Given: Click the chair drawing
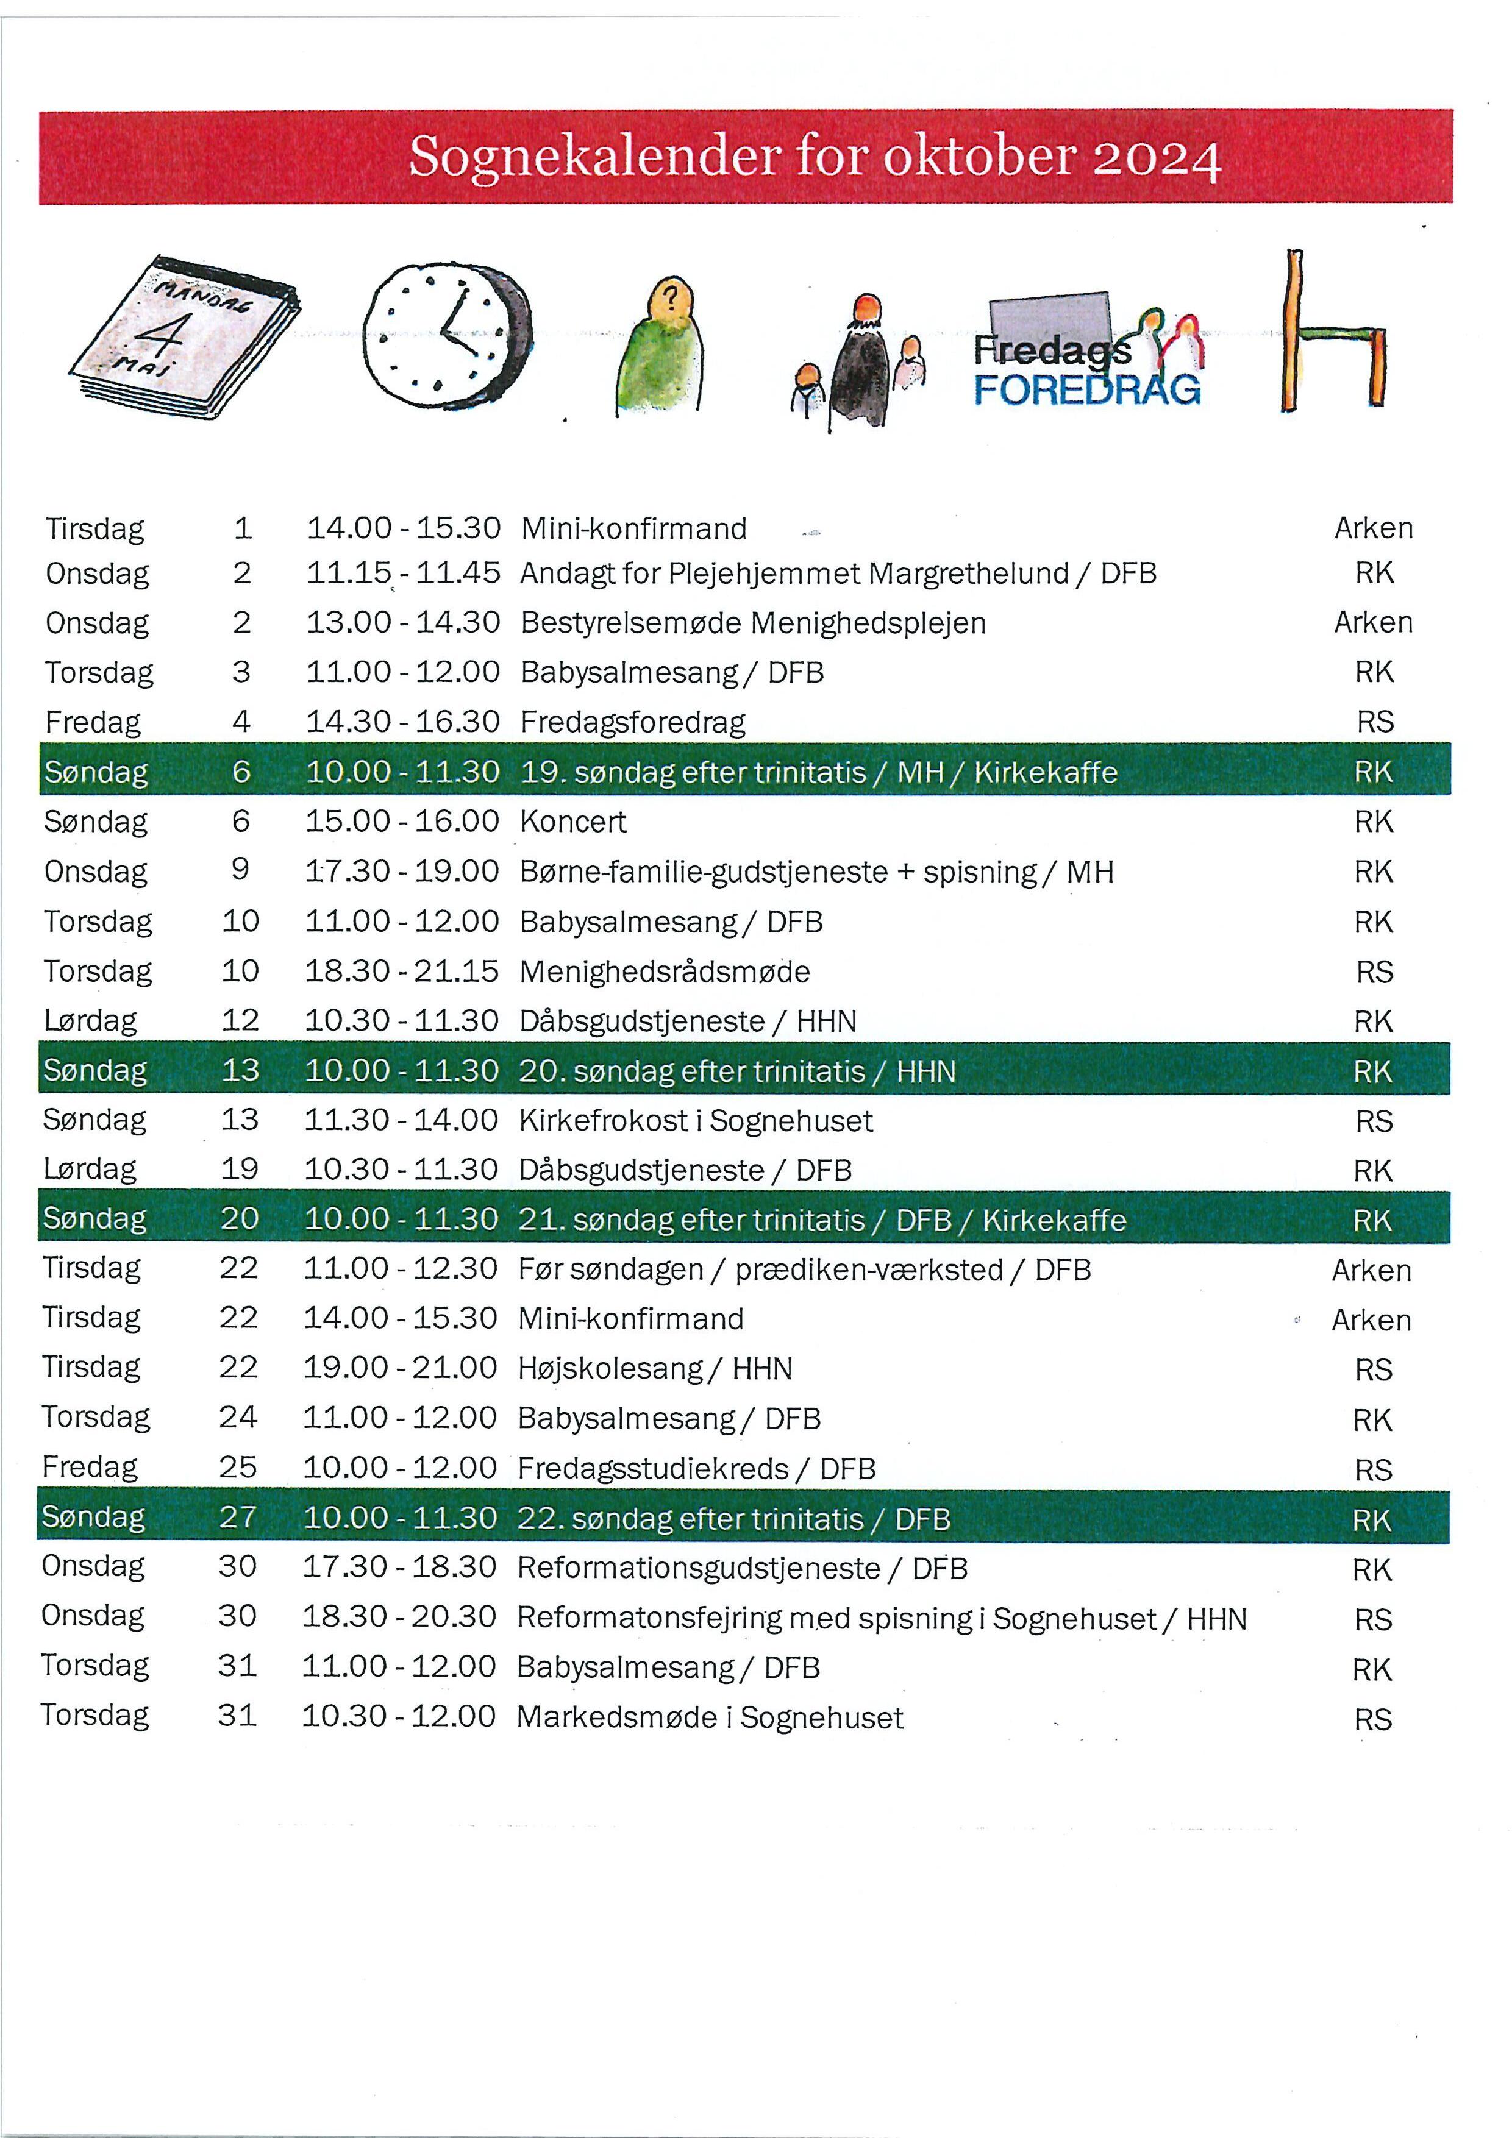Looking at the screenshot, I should tap(1332, 335).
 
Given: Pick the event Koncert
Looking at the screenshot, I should tap(573, 822).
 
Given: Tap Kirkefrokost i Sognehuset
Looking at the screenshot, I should tap(695, 1120).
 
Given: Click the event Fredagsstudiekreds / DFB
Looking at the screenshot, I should tap(696, 1468).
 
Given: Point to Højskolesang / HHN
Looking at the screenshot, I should tap(655, 1369).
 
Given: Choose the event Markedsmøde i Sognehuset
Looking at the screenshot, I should tap(710, 1717).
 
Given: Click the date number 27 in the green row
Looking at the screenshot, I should tap(238, 1517).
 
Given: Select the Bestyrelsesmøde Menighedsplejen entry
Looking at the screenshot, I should tap(753, 623).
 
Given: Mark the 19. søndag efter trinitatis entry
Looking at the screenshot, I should tap(818, 773).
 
